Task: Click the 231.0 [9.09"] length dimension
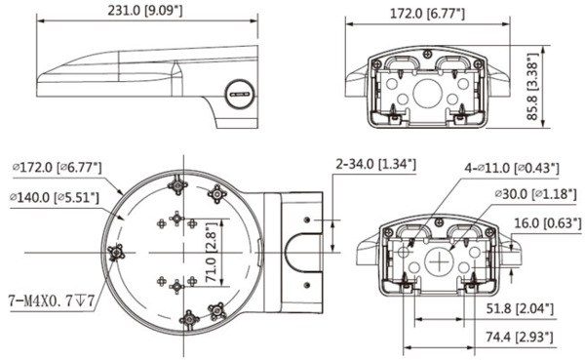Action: (147, 12)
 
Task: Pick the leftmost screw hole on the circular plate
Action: (116, 253)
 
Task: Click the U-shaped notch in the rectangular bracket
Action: (295, 253)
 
